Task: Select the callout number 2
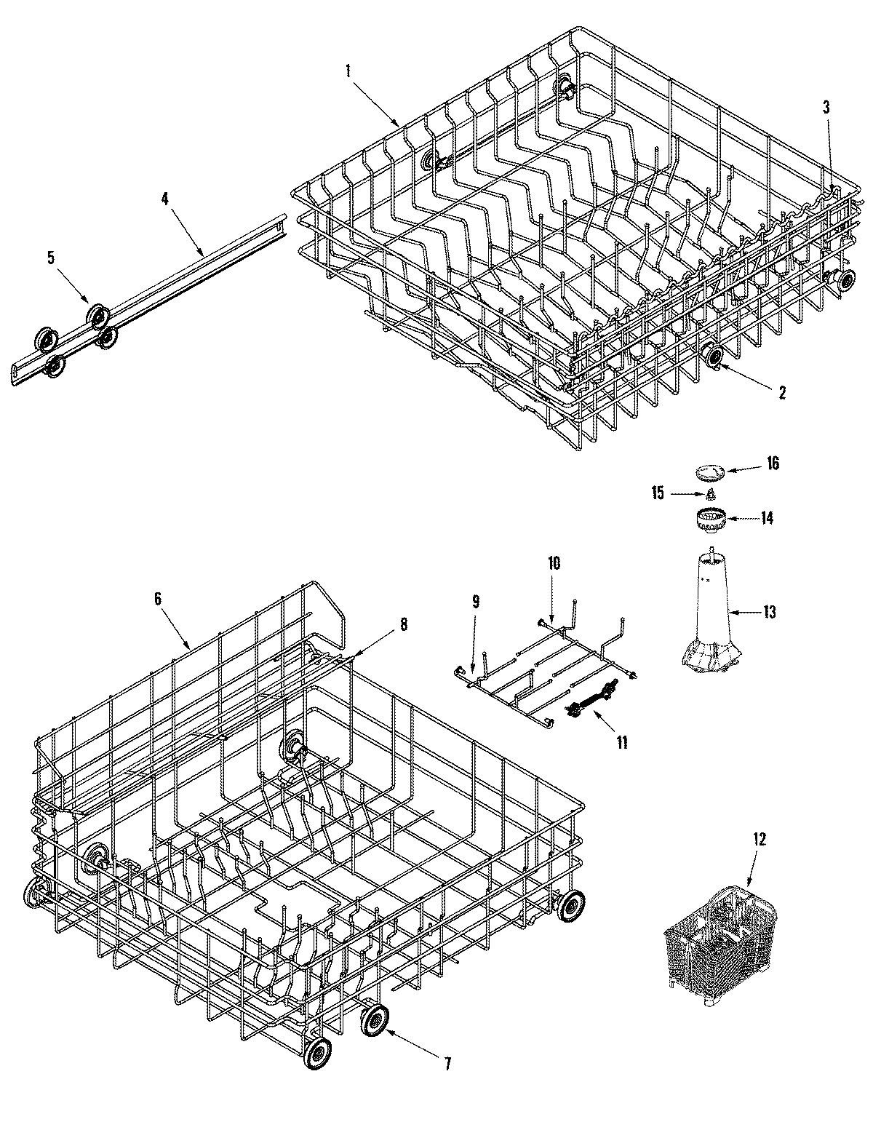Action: [x=781, y=393]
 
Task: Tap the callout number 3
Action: [x=826, y=107]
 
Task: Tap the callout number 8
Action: [x=404, y=624]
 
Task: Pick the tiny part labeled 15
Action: [x=711, y=495]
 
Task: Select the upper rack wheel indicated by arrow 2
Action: [x=713, y=357]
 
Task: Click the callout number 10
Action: [x=554, y=563]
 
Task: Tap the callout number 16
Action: [x=772, y=463]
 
